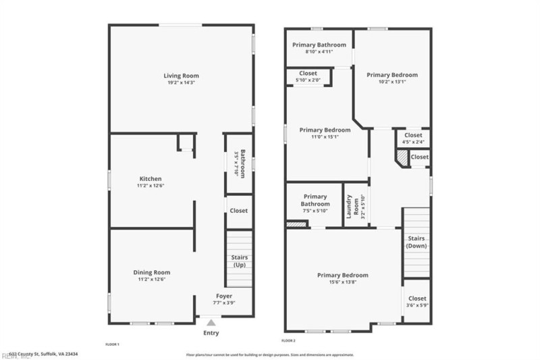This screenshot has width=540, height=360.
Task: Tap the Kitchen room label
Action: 150,179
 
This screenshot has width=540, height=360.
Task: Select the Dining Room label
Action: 151,272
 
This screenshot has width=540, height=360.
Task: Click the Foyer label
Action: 224,297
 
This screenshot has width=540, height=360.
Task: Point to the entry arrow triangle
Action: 211,323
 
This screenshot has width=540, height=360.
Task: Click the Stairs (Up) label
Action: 240,261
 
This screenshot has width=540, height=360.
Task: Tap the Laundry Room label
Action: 350,207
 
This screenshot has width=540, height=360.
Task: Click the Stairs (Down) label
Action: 416,242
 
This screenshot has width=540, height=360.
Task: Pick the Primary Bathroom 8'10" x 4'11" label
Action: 319,45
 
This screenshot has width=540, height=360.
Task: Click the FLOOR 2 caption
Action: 289,342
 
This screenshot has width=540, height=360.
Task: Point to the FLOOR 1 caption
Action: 112,344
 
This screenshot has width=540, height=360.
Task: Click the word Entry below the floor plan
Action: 211,333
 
